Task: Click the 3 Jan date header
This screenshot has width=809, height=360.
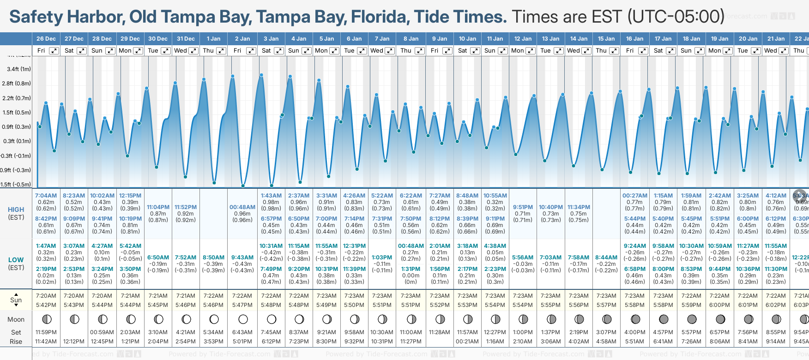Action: click(x=271, y=39)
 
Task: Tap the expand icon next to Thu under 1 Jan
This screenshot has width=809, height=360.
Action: click(x=221, y=51)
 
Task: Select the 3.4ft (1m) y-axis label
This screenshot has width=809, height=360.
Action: click(x=19, y=69)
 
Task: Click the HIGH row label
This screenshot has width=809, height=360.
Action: click(x=16, y=210)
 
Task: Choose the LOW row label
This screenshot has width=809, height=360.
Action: click(x=16, y=260)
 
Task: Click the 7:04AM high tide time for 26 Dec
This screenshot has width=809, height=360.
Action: click(x=46, y=196)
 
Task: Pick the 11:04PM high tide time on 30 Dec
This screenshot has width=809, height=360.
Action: click(x=158, y=207)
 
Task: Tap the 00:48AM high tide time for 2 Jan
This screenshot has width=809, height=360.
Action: click(x=242, y=207)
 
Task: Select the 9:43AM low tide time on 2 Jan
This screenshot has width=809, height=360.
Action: click(x=242, y=258)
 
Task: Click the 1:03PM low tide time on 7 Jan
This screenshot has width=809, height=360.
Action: click(x=382, y=258)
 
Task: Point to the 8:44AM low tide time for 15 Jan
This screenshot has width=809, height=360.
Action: click(x=606, y=258)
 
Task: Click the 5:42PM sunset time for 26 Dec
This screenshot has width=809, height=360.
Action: click(x=46, y=305)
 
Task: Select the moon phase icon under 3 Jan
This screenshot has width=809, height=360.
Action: click(x=272, y=319)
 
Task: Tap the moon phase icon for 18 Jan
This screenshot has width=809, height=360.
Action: click(x=692, y=319)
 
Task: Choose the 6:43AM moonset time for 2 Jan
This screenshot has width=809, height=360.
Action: click(x=242, y=332)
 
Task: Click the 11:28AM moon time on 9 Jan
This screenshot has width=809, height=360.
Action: click(x=440, y=332)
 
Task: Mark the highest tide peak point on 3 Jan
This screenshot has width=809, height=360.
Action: click(x=261, y=75)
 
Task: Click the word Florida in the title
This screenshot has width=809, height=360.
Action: click(x=380, y=17)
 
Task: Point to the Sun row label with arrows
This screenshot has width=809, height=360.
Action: click(x=16, y=300)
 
